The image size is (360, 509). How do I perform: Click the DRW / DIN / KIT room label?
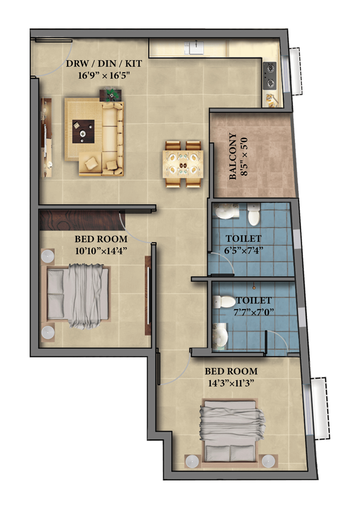coord(104,64)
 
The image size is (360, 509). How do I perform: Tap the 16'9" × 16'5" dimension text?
coord(104,75)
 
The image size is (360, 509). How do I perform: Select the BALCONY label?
coord(233,157)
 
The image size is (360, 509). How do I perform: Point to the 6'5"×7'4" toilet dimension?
coord(244,251)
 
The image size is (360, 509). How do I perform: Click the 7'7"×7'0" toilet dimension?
coord(254,312)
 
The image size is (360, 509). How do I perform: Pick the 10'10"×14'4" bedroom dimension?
coord(101,251)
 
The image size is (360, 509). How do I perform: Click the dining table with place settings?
coord(183,164)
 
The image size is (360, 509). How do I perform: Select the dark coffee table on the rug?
coord(83,132)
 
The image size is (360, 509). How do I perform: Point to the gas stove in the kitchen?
coord(270,76)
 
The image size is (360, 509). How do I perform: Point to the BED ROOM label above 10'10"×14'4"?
coord(101,239)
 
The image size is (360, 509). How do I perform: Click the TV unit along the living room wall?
coord(46,138)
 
